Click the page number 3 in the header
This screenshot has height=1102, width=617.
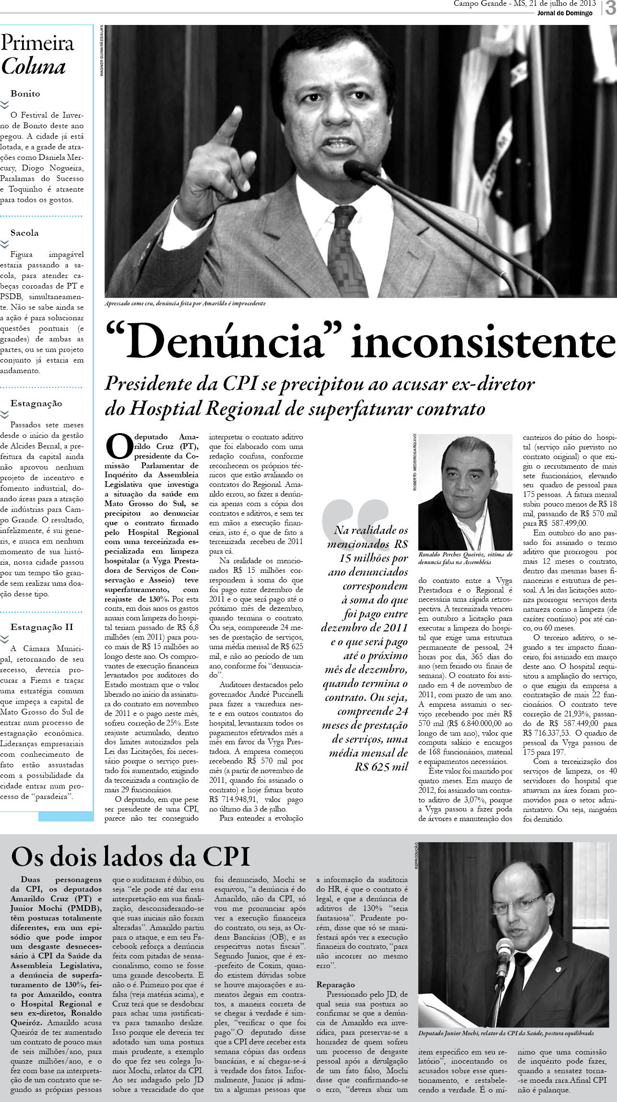[x=610, y=9]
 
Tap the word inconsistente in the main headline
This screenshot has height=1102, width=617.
[x=483, y=342]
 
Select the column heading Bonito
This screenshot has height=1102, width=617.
[x=25, y=94]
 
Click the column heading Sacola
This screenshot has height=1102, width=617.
[x=24, y=233]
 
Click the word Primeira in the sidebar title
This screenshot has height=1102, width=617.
[x=37, y=43]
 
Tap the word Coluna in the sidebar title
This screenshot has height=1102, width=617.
[x=33, y=67]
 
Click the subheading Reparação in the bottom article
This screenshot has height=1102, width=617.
[x=335, y=984]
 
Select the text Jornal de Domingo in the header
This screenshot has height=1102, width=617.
[x=565, y=13]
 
